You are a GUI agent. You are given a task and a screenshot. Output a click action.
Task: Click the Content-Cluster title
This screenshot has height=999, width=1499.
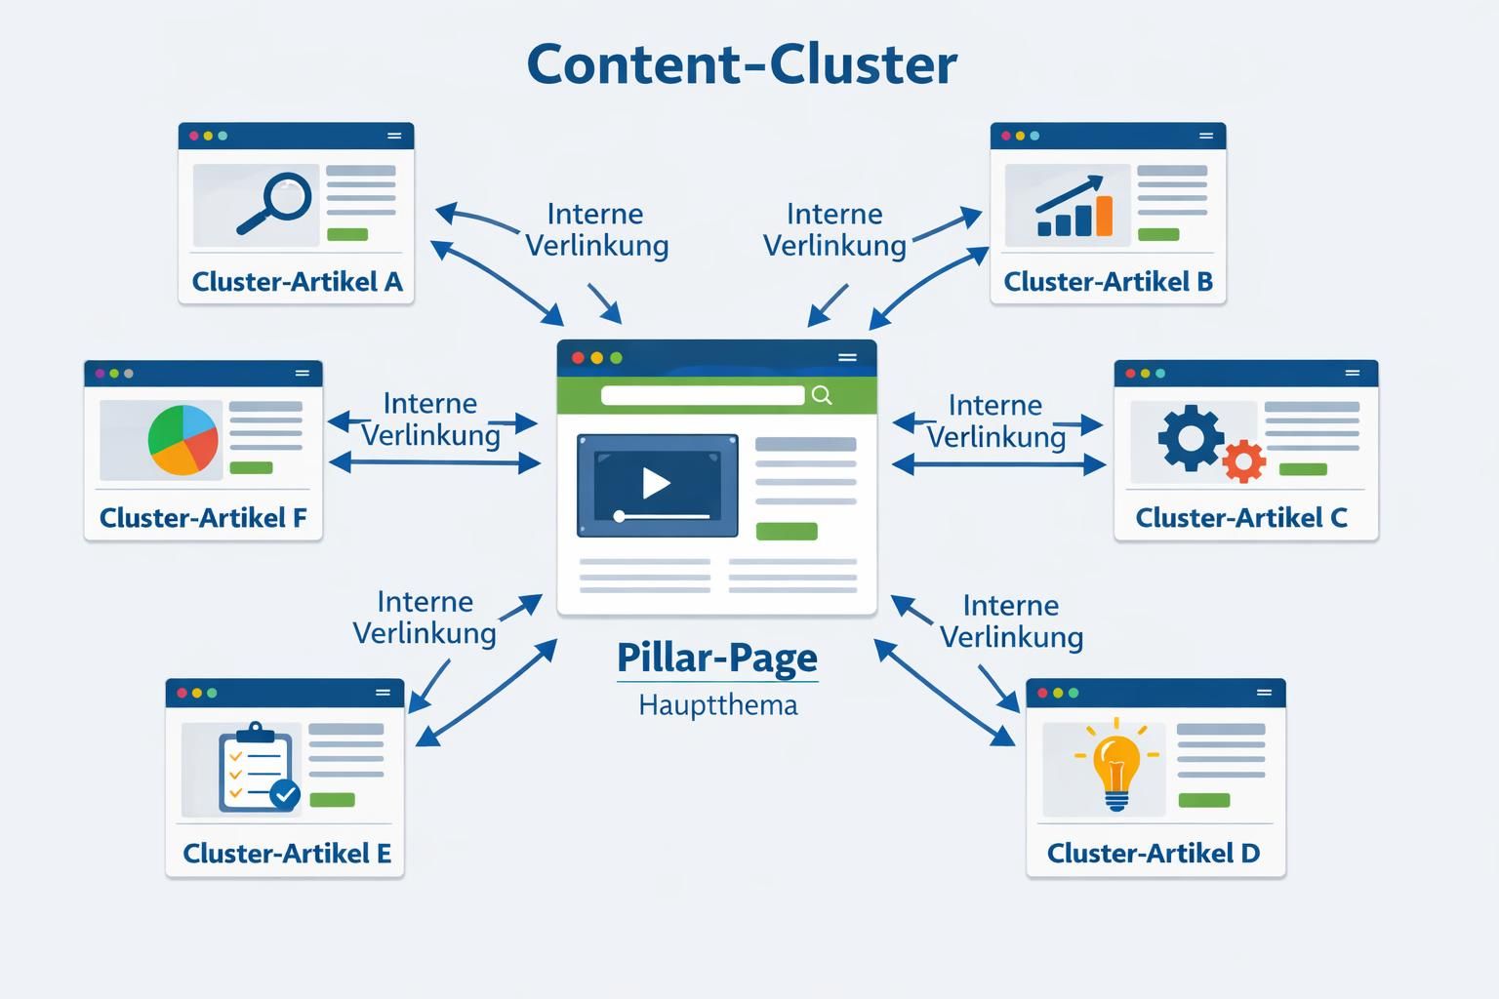742,64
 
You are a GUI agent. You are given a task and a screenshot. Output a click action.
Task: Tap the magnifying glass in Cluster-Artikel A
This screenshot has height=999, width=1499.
277,200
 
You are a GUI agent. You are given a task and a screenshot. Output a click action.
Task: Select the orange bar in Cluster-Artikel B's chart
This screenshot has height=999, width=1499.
1104,216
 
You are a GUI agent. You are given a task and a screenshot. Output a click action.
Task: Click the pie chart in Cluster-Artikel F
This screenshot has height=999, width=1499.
182,439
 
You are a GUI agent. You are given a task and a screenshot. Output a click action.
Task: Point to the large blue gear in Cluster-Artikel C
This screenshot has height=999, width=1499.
1190,438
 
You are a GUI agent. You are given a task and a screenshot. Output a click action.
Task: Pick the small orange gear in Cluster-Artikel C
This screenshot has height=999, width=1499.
1243,460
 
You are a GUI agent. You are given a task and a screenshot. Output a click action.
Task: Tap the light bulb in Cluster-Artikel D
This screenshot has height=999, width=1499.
1116,767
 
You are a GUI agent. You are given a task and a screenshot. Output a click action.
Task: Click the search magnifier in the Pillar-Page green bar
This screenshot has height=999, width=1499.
822,394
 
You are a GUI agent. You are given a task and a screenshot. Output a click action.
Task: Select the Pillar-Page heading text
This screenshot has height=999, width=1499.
717,658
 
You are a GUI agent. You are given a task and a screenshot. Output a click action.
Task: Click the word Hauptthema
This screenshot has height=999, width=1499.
717,704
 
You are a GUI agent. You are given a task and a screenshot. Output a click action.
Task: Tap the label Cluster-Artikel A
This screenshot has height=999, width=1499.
297,282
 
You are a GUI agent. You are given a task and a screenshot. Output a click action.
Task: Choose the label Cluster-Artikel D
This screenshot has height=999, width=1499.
1153,854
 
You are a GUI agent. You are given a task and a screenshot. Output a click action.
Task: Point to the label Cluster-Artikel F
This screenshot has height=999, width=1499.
203,518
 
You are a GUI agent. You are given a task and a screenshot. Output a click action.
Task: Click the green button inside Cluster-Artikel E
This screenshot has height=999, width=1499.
332,800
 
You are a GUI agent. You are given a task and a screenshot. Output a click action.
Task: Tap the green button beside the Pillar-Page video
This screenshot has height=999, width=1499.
786,531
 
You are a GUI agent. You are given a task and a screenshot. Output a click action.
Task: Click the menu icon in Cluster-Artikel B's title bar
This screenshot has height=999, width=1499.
1206,136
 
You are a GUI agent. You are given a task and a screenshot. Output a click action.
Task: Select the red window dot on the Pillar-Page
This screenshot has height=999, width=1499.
578,358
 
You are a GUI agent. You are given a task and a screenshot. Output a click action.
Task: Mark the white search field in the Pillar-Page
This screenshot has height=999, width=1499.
703,395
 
